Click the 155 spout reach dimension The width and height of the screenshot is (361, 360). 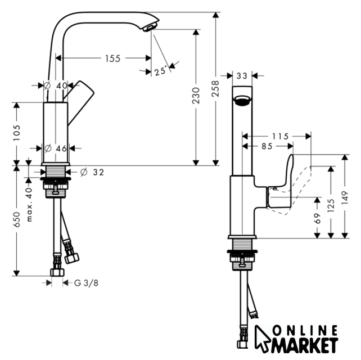[113, 58]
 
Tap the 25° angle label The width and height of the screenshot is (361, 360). [160, 71]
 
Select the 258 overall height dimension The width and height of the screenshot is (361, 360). [215, 89]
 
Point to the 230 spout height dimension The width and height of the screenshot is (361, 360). [196, 96]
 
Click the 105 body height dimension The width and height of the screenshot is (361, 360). [16, 133]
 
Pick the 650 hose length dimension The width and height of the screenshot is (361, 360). [16, 220]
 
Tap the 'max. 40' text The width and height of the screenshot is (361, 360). [29, 205]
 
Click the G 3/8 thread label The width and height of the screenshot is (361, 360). [87, 283]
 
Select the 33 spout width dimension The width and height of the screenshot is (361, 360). [242, 76]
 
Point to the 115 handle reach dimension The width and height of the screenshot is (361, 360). [281, 137]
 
